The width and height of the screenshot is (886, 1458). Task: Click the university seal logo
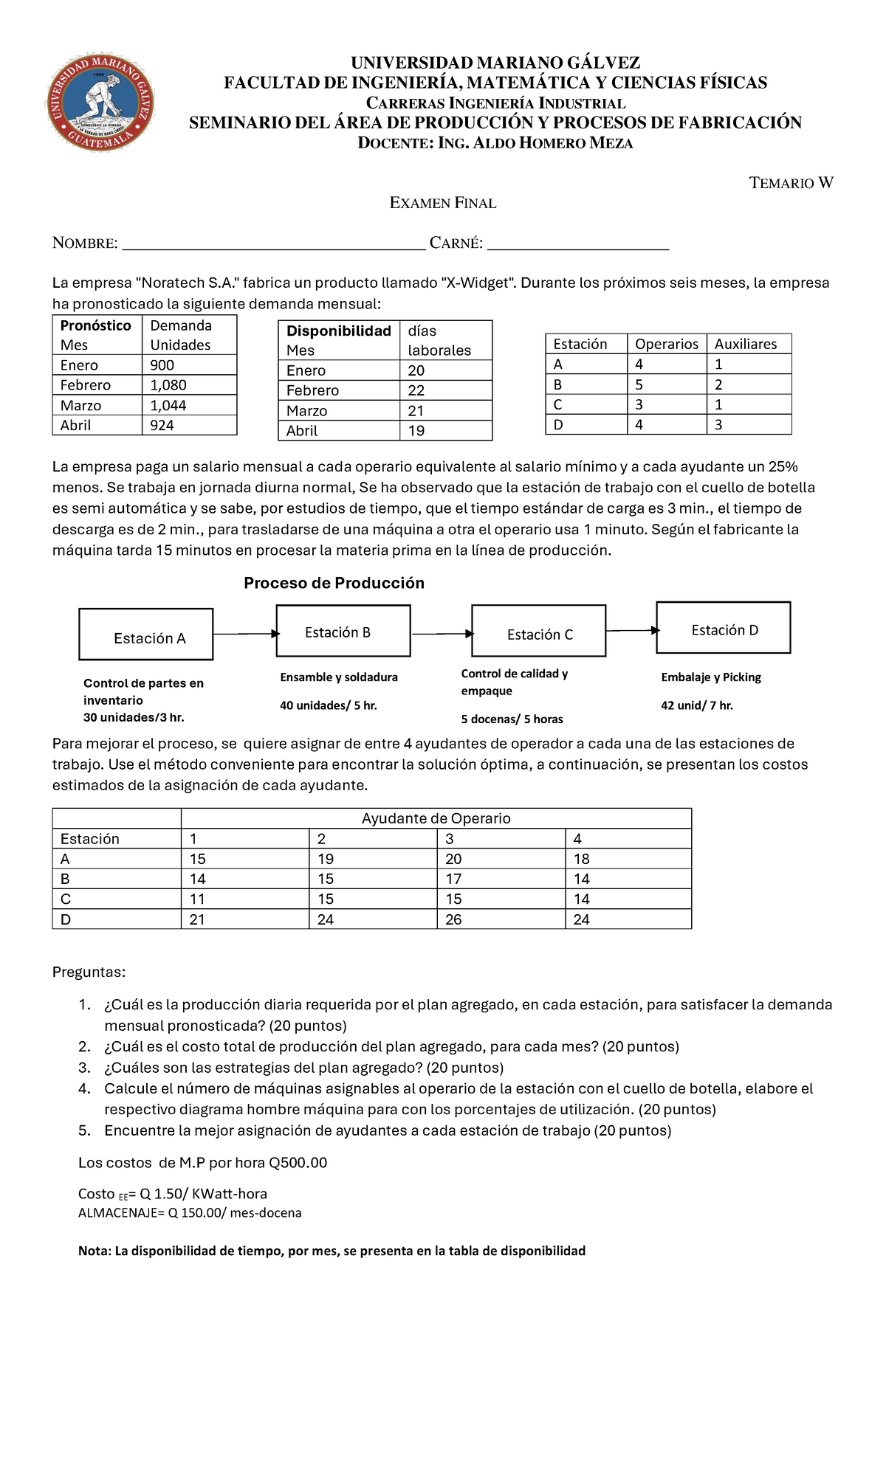point(100,102)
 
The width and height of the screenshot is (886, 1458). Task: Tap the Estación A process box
point(146,635)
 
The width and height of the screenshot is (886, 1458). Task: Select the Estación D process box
point(723,628)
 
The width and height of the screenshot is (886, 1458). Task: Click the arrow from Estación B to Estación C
point(442,634)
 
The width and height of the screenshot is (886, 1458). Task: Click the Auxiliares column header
point(745,344)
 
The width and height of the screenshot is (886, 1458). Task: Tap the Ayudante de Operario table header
point(436,818)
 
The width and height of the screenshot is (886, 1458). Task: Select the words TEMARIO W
point(791,183)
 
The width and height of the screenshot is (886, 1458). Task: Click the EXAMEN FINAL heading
point(443,203)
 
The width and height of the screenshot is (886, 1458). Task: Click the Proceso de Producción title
point(334,583)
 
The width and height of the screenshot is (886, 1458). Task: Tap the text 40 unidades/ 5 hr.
point(328,705)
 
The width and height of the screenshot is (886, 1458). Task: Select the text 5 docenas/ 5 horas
point(512,719)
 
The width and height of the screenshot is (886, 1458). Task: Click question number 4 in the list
point(85,1088)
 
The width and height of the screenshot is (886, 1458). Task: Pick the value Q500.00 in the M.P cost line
point(298,1163)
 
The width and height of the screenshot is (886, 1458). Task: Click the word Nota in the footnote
point(94,1251)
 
